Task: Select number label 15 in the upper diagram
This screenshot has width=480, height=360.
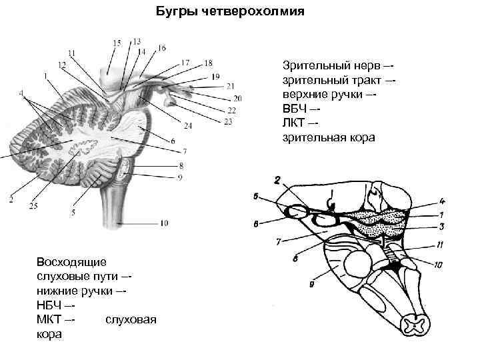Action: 117,43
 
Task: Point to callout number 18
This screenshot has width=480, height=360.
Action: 208,63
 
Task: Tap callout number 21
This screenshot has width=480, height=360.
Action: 231,86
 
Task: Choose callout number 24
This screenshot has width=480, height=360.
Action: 188,125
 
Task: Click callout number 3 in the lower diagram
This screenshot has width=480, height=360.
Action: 441,227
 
